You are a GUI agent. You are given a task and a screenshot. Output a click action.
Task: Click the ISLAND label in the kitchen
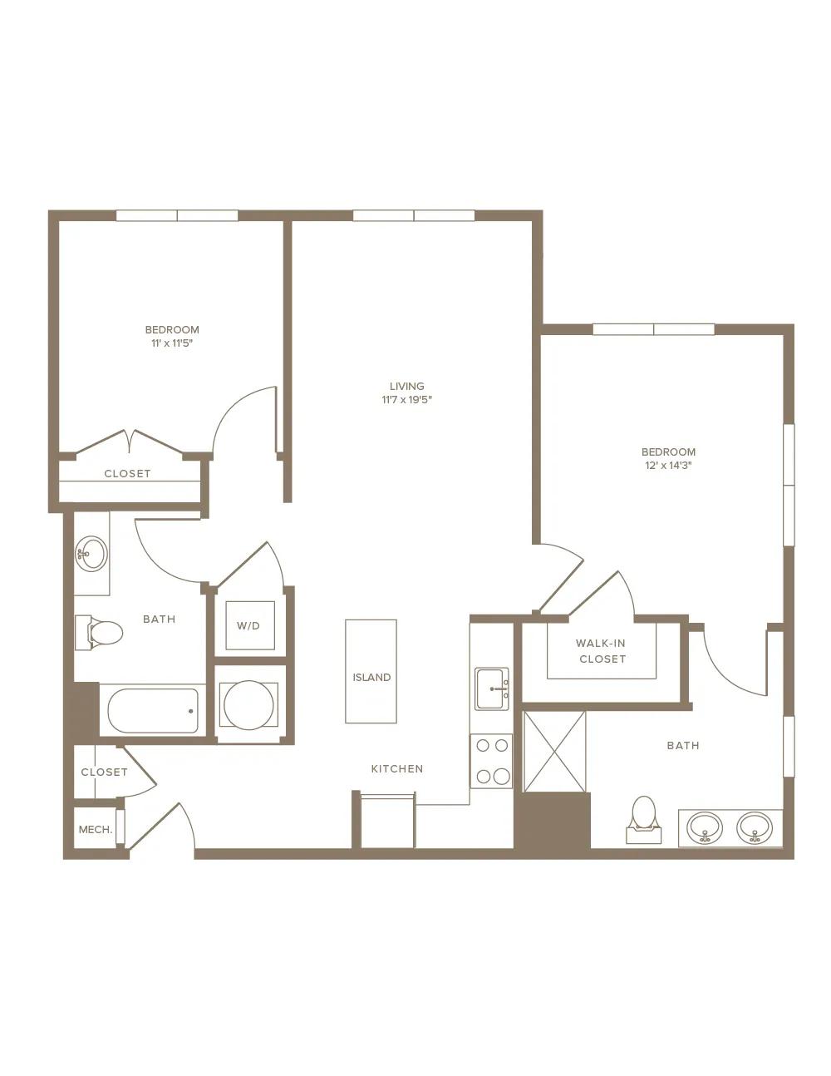[371, 677]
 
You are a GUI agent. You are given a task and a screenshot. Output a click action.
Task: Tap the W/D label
[248, 626]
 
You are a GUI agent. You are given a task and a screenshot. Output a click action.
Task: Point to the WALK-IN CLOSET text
[602, 651]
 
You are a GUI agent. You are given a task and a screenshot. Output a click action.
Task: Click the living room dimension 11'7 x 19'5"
[407, 400]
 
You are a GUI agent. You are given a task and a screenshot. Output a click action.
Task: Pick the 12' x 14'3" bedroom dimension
[668, 466]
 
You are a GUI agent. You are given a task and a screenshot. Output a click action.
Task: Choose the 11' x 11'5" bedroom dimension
[172, 343]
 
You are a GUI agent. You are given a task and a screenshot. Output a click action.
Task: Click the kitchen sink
[492, 689]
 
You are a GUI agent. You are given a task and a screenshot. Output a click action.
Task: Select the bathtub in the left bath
[153, 711]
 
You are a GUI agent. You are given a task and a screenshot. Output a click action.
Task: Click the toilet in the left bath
[99, 632]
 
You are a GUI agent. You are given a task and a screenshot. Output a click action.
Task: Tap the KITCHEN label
[397, 769]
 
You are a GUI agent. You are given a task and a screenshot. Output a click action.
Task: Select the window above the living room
[414, 215]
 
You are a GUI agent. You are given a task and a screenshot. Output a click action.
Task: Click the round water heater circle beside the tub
[248, 705]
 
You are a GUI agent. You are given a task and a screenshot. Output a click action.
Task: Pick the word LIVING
[407, 386]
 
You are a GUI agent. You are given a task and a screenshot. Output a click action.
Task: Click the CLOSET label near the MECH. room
[105, 772]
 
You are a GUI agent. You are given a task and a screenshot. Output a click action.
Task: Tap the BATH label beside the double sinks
[683, 745]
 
